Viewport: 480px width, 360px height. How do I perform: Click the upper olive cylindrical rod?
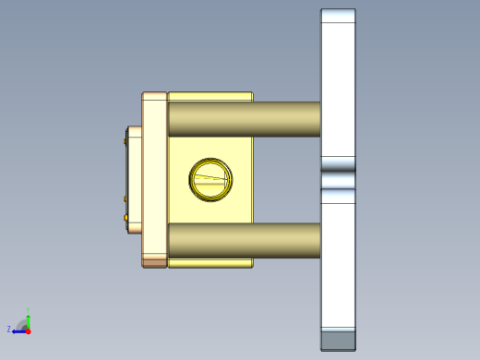[x=244, y=119]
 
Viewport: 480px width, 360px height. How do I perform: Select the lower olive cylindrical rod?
[x=244, y=240]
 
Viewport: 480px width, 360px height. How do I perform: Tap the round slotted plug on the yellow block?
[x=210, y=178]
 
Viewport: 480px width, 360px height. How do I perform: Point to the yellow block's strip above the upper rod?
[x=210, y=96]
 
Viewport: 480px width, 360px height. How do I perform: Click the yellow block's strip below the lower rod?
[x=210, y=263]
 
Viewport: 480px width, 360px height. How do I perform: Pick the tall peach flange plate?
[x=154, y=179]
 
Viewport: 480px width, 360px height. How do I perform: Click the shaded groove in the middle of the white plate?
[x=338, y=178]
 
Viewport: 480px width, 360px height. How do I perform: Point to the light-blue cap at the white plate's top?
[x=338, y=17]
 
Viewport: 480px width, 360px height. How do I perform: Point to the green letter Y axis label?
[x=29, y=309]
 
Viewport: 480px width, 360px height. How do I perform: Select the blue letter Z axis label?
[x=9, y=330]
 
